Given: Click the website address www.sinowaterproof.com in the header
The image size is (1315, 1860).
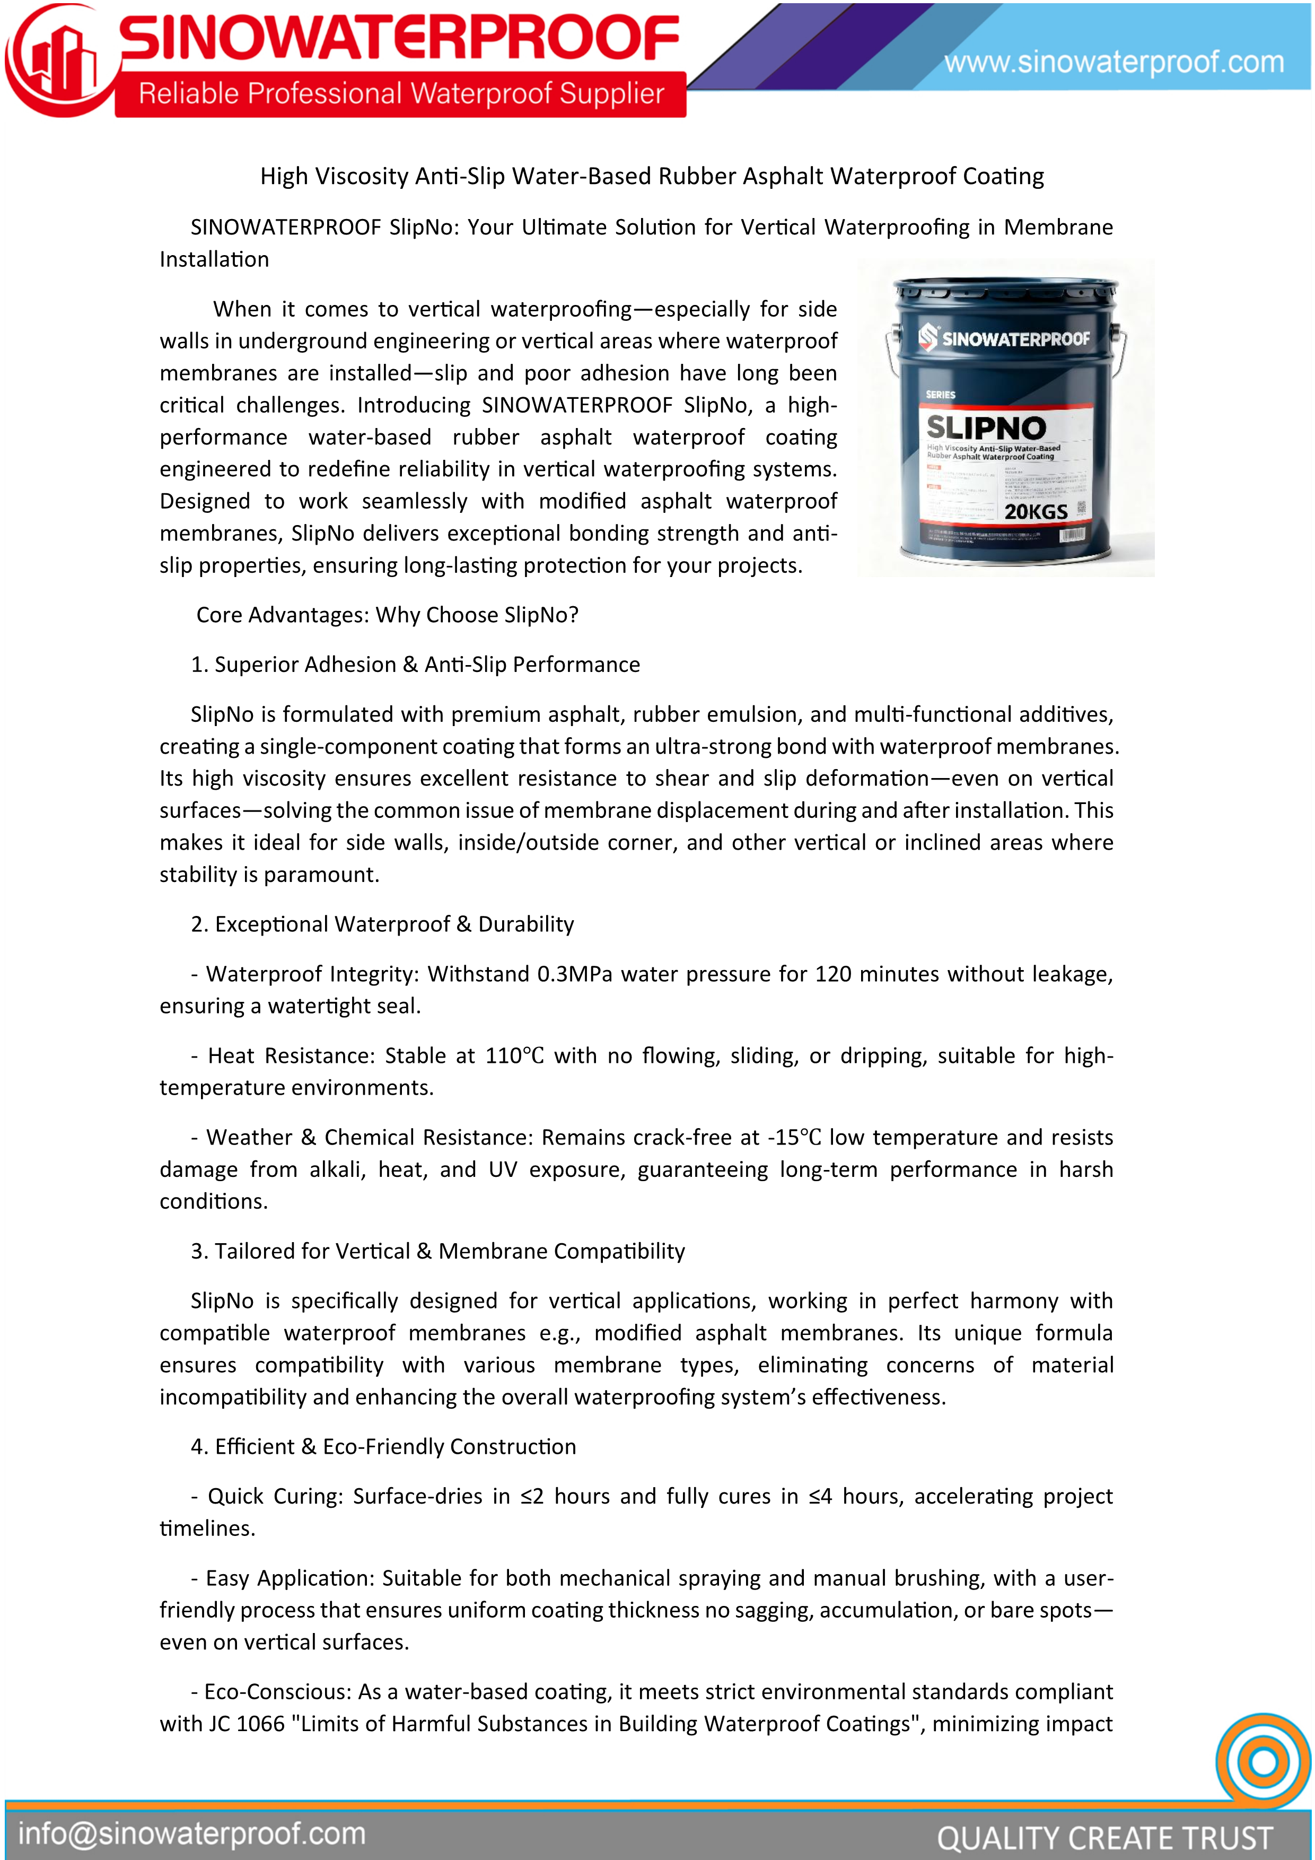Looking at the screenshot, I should point(1114,63).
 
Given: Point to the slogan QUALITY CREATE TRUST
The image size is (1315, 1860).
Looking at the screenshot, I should point(1104,1837).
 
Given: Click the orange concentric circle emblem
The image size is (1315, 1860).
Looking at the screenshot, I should point(1263,1760).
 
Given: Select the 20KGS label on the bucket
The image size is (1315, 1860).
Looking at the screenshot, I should point(1036,512).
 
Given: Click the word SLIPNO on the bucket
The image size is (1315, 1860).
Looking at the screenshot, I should point(985,427).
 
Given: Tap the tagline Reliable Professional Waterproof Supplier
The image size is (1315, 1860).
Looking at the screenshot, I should point(401,94).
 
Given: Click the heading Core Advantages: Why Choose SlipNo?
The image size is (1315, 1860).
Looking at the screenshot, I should point(387,615).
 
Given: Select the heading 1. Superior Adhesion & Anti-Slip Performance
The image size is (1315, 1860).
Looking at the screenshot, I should point(415,664).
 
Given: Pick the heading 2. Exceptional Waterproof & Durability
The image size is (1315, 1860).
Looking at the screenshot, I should point(382,924).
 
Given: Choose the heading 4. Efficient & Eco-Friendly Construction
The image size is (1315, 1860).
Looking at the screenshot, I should point(383,1447).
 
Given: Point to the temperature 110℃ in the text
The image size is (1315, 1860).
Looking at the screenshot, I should point(514,1055).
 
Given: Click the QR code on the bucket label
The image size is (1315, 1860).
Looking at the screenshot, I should point(1082,508).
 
